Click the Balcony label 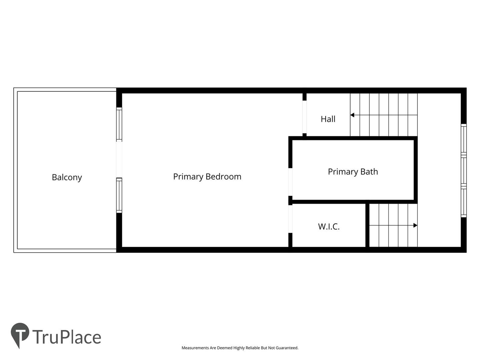coord(67,177)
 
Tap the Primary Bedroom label coord(207,177)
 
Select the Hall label coord(328,119)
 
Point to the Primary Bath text coord(353,172)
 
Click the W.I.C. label coord(329,227)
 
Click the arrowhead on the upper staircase coord(352,115)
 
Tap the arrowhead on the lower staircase coord(415,225)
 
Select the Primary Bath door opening coord(290,182)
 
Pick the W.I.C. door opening coord(290,219)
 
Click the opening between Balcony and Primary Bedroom coord(119,160)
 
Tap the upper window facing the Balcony coord(119,124)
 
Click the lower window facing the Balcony coord(119,195)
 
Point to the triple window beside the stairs coord(463,171)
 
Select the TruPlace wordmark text coord(67,337)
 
